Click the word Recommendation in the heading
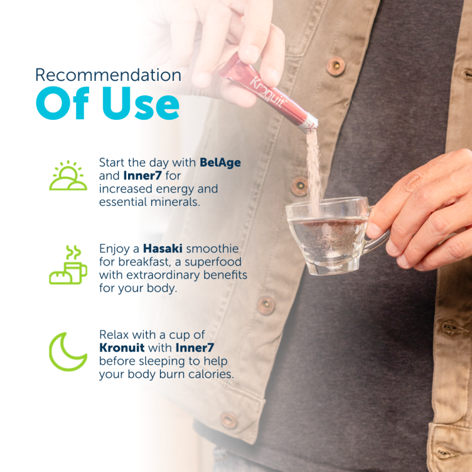point(108,75)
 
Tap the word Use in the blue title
point(141,104)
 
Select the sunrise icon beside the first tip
point(68,175)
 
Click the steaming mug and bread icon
point(68,265)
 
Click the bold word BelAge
point(220,163)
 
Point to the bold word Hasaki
point(163,248)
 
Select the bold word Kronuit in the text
point(122,348)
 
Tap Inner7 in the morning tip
point(143,175)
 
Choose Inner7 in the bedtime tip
point(195,348)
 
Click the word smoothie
point(212,248)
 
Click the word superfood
point(213,262)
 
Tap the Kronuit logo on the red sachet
point(267,92)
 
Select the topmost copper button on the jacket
point(336,65)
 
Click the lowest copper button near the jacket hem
point(229,420)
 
